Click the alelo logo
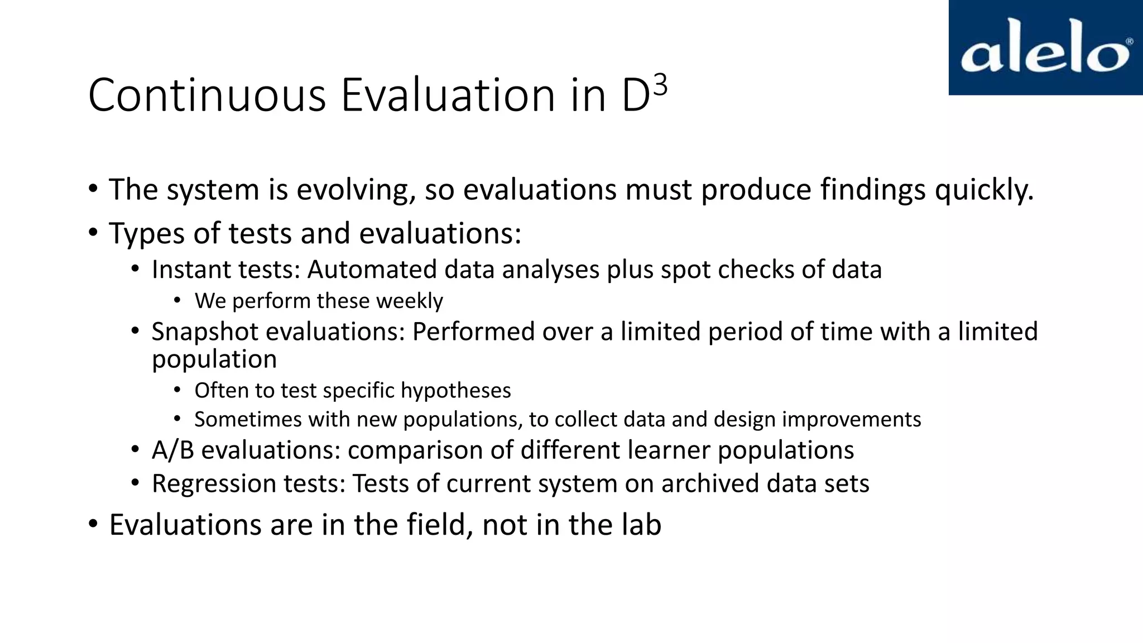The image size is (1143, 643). click(1045, 48)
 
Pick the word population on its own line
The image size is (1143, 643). click(214, 359)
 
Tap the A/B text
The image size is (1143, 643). click(172, 450)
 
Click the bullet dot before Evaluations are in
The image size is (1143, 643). click(93, 525)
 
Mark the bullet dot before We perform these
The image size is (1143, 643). click(177, 301)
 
